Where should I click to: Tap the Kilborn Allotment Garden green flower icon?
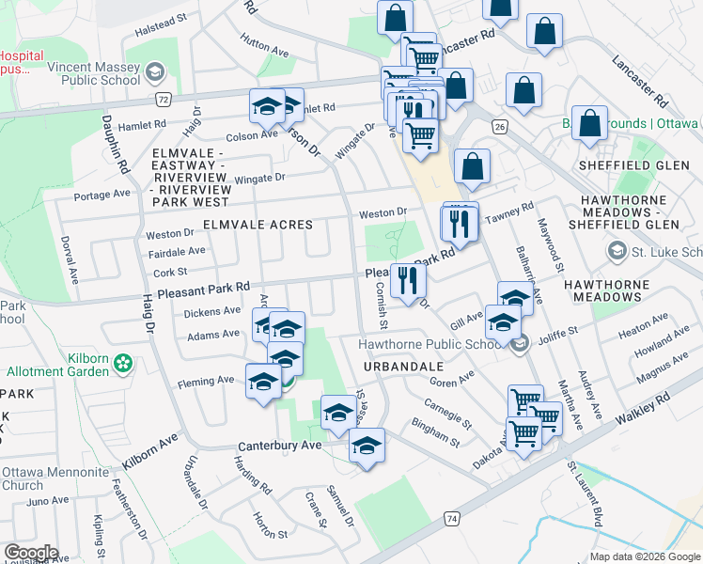[122, 362]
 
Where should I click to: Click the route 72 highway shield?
[164, 98]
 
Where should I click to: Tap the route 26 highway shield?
[499, 126]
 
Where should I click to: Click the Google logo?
[31, 553]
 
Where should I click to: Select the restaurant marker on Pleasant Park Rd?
[408, 279]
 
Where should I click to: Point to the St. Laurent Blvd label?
[584, 493]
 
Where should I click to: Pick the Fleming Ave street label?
[205, 382]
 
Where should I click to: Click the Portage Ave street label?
[102, 195]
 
